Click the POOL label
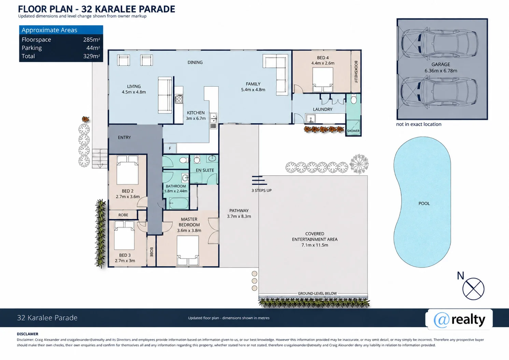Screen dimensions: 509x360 tap(424, 203)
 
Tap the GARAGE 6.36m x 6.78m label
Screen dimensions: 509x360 tap(441, 68)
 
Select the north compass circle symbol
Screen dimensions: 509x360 tap(473, 289)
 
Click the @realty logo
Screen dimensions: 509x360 tap(459, 319)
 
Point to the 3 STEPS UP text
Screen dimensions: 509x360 tap(261, 190)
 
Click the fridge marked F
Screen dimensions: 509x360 tap(170, 148)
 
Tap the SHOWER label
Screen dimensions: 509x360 tap(353, 131)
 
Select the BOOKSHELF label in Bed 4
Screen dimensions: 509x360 tap(356, 72)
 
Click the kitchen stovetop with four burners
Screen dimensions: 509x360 tap(179, 99)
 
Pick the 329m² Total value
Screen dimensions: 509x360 tap(91, 56)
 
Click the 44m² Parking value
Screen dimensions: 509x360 tap(93, 48)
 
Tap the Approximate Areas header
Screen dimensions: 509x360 tap(49, 30)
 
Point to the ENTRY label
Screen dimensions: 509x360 tap(124, 138)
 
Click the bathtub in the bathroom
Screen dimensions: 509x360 tap(179, 203)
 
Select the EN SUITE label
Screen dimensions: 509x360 tap(205, 170)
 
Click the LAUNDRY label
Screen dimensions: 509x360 tap(323, 109)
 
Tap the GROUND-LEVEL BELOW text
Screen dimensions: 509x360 tap(317, 293)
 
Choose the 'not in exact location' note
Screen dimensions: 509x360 tap(419, 124)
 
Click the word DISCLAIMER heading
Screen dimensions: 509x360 tap(28, 334)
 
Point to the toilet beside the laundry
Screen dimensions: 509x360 tap(354, 99)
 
